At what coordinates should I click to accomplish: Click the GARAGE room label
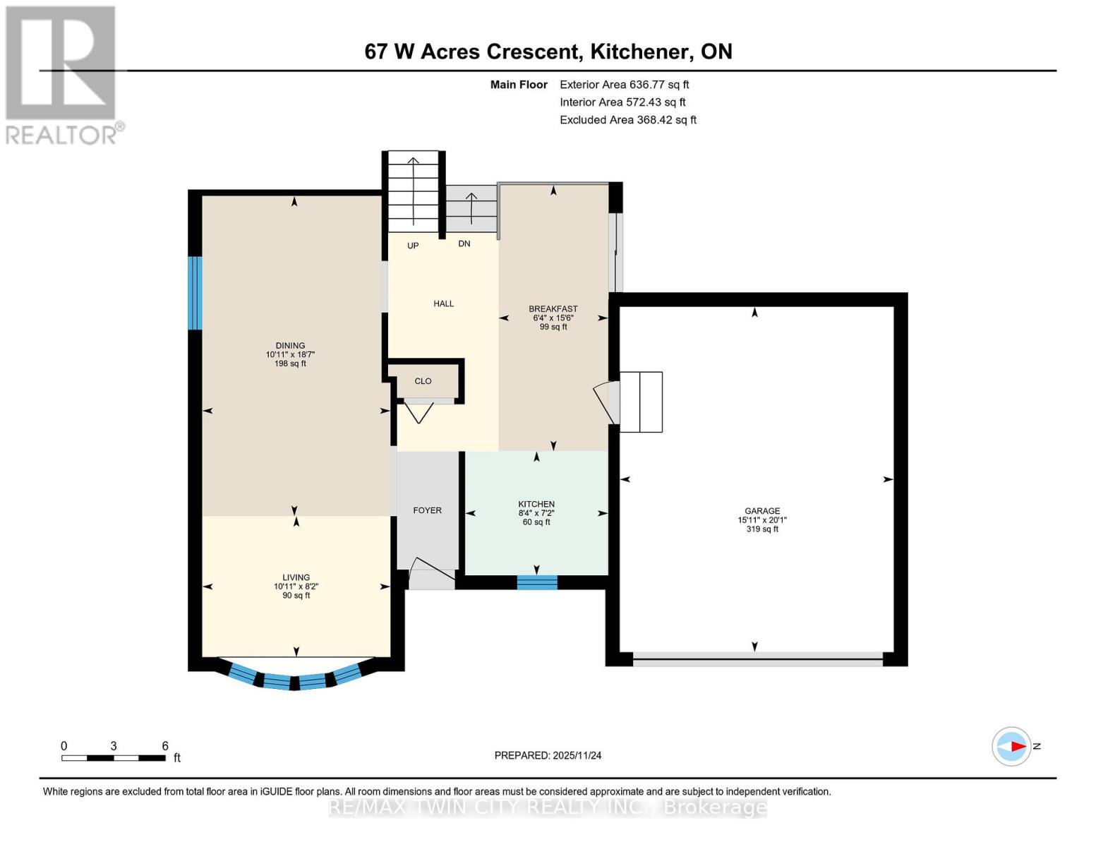(761, 511)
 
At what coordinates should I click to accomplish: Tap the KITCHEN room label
(536, 504)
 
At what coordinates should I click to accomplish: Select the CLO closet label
(423, 381)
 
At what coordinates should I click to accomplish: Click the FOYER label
(427, 510)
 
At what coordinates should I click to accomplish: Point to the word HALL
(443, 304)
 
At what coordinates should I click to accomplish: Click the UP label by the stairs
(413, 246)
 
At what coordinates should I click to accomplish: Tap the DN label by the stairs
(464, 244)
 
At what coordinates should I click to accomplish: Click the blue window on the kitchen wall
(537, 582)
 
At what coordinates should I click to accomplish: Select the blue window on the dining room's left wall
(195, 292)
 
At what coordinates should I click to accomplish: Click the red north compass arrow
(1016, 746)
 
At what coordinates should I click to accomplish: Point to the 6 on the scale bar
(165, 746)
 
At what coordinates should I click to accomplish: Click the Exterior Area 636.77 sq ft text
(624, 85)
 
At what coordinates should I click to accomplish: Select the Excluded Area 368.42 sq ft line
(627, 120)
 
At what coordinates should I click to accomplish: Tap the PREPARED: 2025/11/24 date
(548, 755)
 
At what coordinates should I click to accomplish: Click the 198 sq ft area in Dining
(290, 364)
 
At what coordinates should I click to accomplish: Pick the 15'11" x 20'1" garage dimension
(761, 520)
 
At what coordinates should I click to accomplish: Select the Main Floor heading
(519, 85)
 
